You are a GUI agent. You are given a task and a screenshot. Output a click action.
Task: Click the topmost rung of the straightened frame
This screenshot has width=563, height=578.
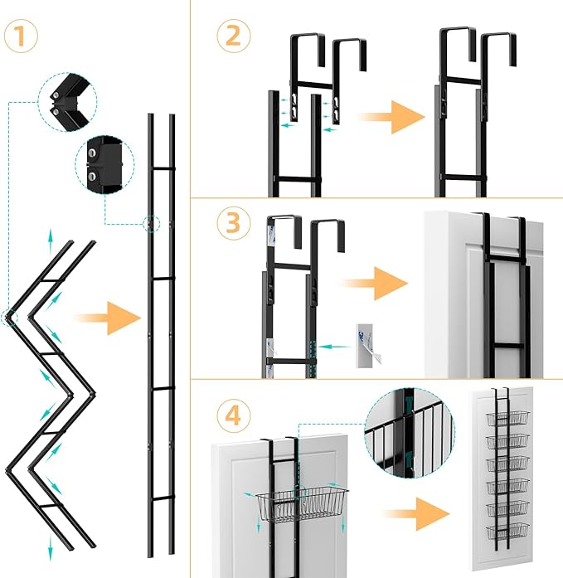161,168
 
